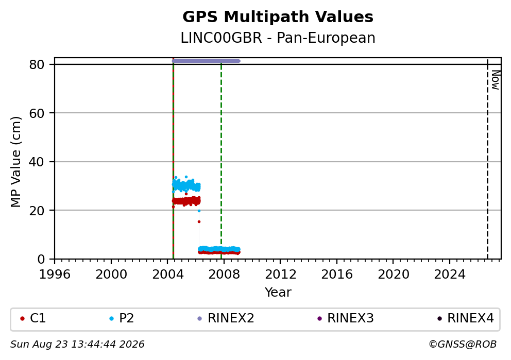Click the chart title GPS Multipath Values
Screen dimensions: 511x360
pos(278,17)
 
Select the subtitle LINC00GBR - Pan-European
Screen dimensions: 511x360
pos(278,38)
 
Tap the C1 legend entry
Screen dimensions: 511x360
pos(33,318)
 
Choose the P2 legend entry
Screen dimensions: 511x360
pos(122,318)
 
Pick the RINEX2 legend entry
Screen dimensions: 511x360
pos(226,318)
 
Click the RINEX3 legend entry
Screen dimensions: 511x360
pos(346,318)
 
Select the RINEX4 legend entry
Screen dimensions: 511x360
pos(466,318)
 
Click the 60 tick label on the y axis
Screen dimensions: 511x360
pos(37,113)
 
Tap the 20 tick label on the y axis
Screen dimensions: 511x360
pos(37,211)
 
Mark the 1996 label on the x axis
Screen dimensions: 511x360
pos(55,275)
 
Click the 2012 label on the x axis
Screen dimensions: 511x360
pos(280,275)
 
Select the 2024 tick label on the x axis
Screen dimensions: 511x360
pos(449,275)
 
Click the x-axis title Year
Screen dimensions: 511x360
pos(278,292)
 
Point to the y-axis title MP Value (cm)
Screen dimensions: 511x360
pos(15,162)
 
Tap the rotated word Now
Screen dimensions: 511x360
pos(496,80)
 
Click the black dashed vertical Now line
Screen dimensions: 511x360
pos(487,159)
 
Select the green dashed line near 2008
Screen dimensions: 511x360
pos(222,161)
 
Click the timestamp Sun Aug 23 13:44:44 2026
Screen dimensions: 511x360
pos(77,345)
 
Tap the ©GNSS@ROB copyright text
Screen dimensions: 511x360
pos(463,345)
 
